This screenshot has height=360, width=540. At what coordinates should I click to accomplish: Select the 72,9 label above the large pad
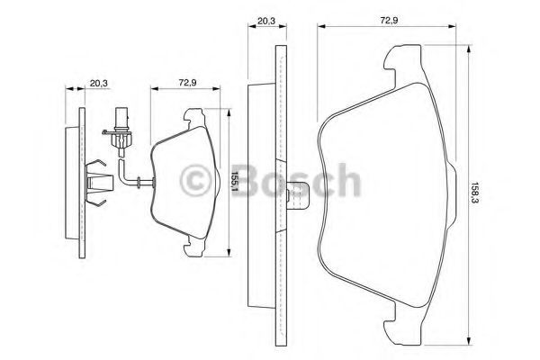point(389,20)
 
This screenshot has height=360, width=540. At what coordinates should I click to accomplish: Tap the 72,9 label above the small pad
point(187,83)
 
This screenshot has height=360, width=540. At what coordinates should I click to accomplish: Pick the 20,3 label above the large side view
point(266,21)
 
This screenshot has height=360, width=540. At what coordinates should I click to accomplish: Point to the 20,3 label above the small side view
point(99,83)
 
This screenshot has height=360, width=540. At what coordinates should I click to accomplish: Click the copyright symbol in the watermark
point(195,181)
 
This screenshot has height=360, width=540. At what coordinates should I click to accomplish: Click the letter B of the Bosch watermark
point(249,180)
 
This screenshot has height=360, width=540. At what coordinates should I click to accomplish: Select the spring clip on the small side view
point(98,183)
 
